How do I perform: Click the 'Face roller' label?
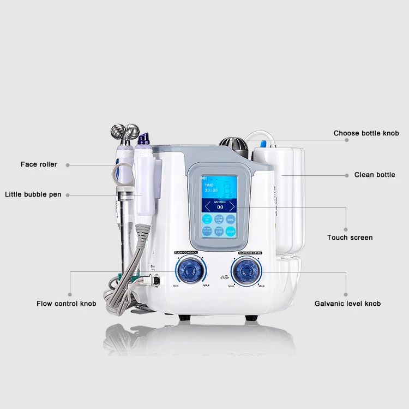(39, 164)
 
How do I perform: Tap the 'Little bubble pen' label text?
(33, 194)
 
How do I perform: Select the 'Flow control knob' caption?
(67, 304)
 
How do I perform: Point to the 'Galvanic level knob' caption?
(347, 304)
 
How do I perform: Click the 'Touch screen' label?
(350, 238)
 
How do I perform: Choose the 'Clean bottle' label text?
(375, 175)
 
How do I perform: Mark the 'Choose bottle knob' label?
(366, 133)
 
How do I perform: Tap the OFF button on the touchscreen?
(218, 232)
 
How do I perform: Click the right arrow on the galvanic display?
(231, 206)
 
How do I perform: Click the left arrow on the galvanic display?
(206, 206)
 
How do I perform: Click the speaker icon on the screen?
(204, 179)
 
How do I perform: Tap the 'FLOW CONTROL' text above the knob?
(187, 253)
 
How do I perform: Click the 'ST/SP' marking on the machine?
(224, 277)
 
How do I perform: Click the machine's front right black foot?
(251, 317)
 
